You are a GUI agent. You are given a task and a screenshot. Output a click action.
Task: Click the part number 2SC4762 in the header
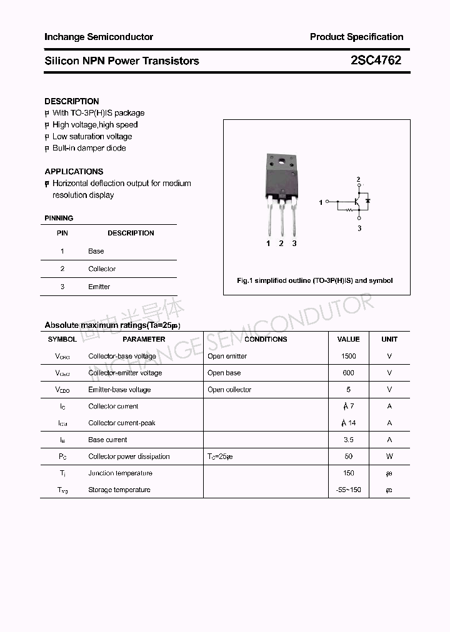tap(376, 61)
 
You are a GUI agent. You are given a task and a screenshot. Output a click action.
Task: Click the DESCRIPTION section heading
tap(71, 101)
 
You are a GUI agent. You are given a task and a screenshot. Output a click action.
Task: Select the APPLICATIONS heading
tap(74, 171)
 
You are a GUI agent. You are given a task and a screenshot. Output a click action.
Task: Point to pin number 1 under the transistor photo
tap(268, 244)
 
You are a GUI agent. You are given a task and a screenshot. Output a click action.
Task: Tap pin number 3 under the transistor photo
tap(294, 244)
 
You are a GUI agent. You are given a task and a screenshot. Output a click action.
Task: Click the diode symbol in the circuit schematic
tap(367, 202)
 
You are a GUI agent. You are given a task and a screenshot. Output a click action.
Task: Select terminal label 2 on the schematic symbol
tap(358, 180)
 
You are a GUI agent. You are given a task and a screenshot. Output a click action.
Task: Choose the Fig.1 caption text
tap(314, 280)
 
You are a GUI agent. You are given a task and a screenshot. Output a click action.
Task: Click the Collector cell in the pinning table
tap(102, 269)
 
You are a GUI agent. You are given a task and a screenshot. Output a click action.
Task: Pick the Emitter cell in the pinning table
tap(99, 287)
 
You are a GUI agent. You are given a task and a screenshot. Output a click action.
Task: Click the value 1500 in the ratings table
tap(348, 356)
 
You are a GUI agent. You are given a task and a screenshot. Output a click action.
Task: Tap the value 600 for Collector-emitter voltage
tap(348, 373)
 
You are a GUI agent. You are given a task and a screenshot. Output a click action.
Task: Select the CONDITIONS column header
tap(266, 339)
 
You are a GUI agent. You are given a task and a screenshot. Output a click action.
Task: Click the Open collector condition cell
tap(229, 390)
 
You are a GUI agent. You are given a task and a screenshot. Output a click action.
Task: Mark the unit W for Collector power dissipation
tap(389, 457)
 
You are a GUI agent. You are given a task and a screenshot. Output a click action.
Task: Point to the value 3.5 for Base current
tap(348, 440)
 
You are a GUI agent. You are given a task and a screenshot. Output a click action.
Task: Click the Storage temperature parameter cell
tap(119, 490)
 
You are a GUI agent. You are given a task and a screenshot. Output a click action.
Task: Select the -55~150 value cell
tap(348, 490)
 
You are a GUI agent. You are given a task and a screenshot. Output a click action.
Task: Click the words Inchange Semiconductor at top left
tap(99, 37)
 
